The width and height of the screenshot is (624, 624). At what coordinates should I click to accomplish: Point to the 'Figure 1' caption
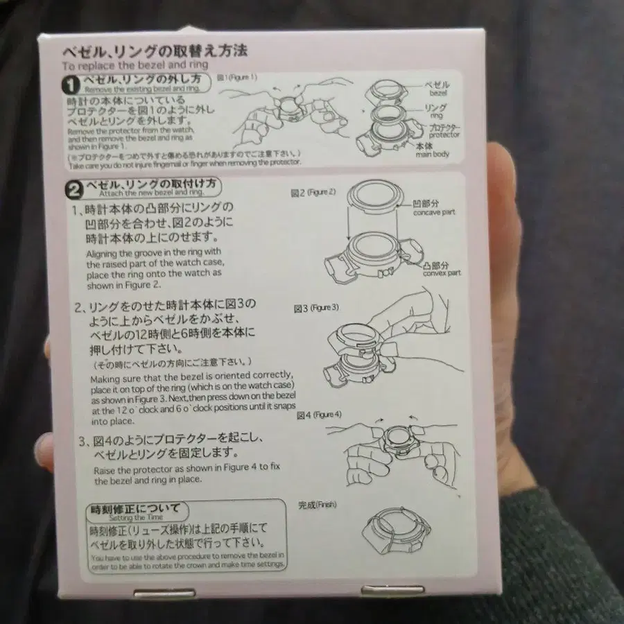click(x=237, y=77)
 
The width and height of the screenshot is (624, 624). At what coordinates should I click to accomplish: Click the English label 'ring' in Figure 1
click(x=436, y=116)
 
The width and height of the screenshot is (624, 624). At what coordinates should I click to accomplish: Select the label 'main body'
click(x=433, y=153)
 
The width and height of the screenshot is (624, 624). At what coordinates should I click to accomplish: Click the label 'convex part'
click(x=442, y=272)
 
